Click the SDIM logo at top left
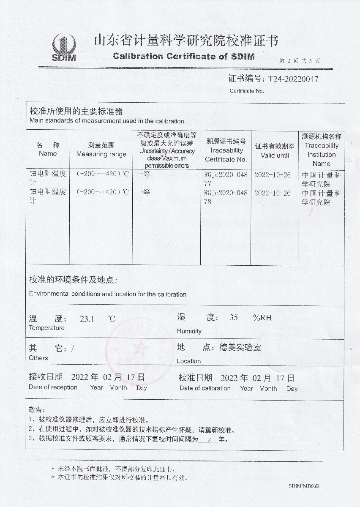point(64,47)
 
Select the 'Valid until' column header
point(275,155)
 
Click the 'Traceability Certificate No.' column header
point(226,150)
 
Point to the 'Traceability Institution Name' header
point(322,150)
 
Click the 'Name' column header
point(48,153)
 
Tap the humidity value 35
point(233,318)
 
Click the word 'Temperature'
point(47,328)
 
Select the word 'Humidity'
point(189,331)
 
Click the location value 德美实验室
point(240,348)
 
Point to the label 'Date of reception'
point(53,387)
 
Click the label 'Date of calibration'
point(205,388)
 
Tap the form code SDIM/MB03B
point(304,486)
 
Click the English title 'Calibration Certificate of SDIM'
point(184,57)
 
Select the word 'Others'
point(38,358)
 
